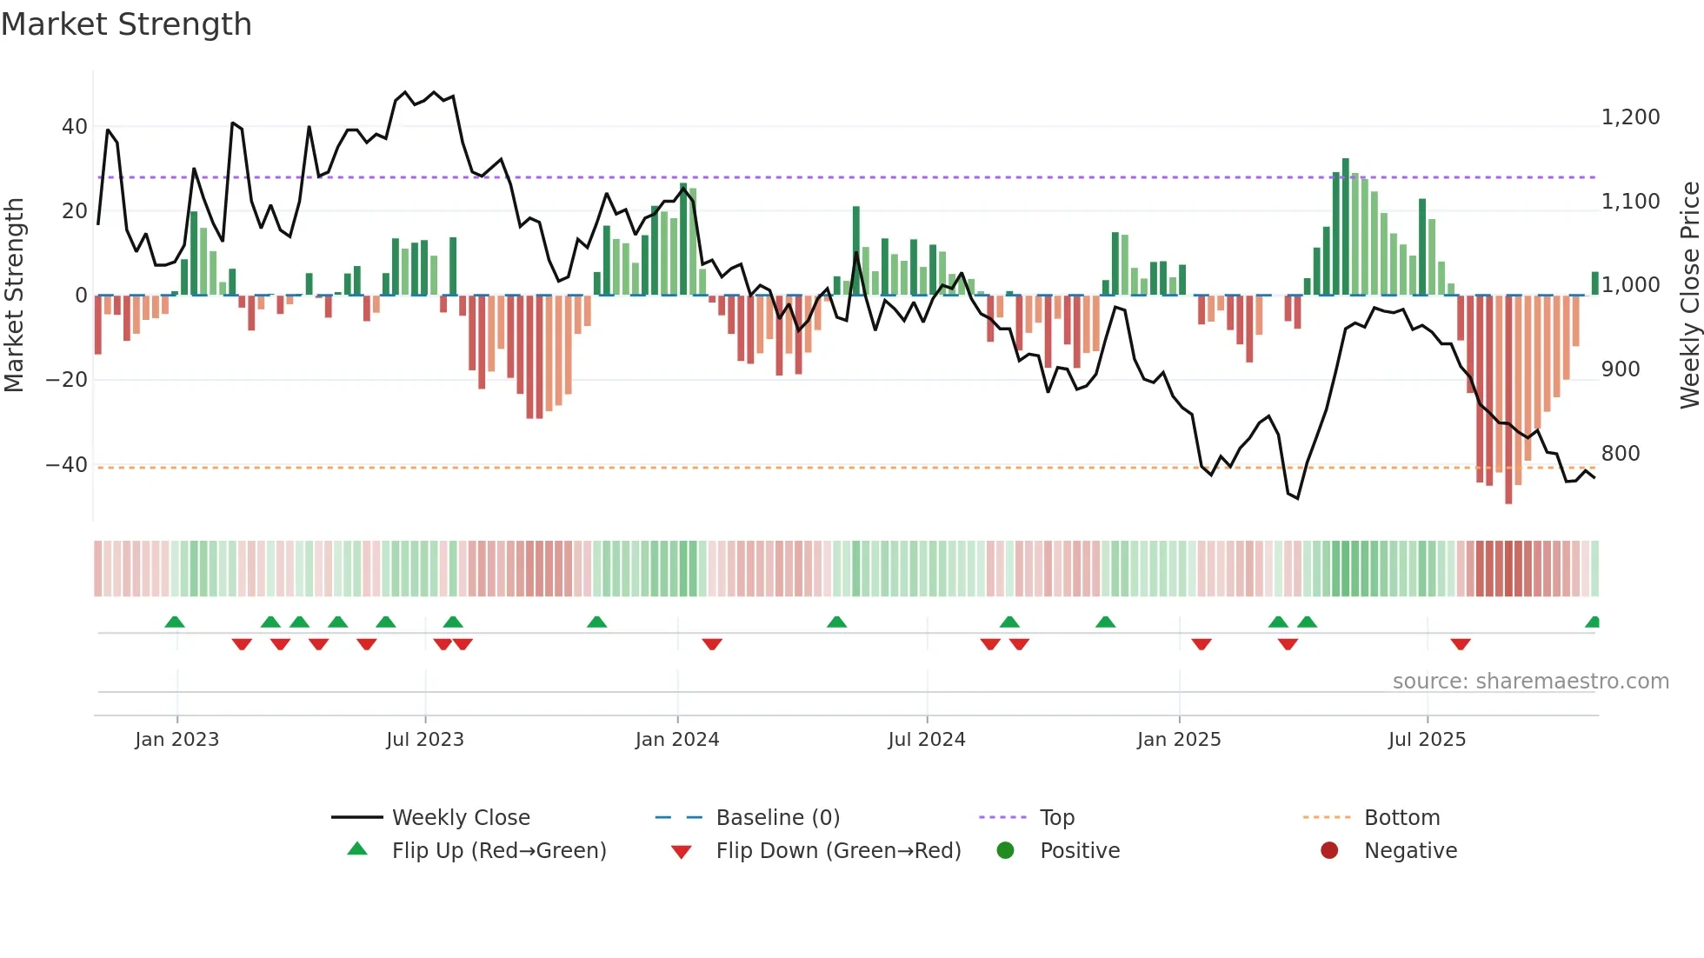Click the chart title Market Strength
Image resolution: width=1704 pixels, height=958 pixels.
pos(126,24)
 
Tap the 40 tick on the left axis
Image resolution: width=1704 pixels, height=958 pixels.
pos(74,127)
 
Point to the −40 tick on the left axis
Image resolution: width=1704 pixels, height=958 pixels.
pos(67,465)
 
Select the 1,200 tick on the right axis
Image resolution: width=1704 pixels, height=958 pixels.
pos(1630,117)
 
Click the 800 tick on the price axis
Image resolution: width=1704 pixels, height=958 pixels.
pos(1621,454)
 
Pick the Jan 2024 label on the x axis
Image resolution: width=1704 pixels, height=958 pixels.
pos(677,740)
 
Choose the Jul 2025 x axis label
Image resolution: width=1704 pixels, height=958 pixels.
pos(1427,740)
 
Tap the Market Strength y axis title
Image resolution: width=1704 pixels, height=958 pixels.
pos(14,296)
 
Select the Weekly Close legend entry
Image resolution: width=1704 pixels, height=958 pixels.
pos(460,818)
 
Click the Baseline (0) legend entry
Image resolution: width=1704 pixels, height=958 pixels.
pos(777,818)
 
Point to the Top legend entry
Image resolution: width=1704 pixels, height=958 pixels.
pos(1056,818)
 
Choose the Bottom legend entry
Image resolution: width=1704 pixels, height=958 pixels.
pos(1401,818)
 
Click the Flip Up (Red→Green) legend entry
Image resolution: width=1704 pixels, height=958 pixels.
pos(498,851)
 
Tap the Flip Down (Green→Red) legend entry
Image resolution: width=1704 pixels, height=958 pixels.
pos(837,851)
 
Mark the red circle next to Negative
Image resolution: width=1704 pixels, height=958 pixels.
pos(1329,851)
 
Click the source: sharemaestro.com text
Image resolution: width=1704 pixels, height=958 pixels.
pos(1530,682)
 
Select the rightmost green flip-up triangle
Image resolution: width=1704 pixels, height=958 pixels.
pos(1593,622)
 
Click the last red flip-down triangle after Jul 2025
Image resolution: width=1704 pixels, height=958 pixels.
pos(1461,644)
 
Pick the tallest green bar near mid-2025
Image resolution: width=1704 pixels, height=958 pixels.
pos(1346,226)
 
